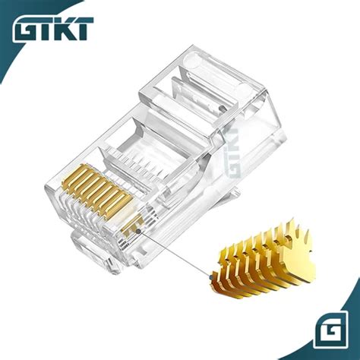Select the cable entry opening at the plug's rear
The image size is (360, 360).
pyautogui.click(x=251, y=114)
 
